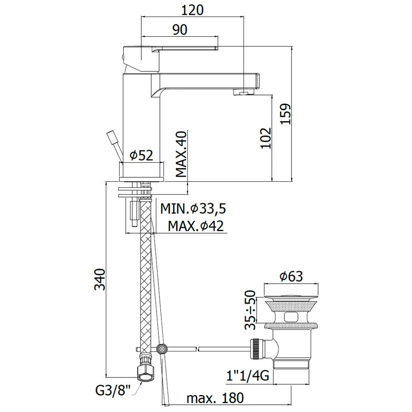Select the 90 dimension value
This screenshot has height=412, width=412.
(x=180, y=30)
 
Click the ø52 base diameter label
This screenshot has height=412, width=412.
(x=141, y=155)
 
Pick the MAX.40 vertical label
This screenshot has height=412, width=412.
(x=182, y=154)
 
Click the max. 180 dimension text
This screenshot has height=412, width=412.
(x=215, y=398)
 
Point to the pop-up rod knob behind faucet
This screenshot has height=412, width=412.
(x=111, y=136)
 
